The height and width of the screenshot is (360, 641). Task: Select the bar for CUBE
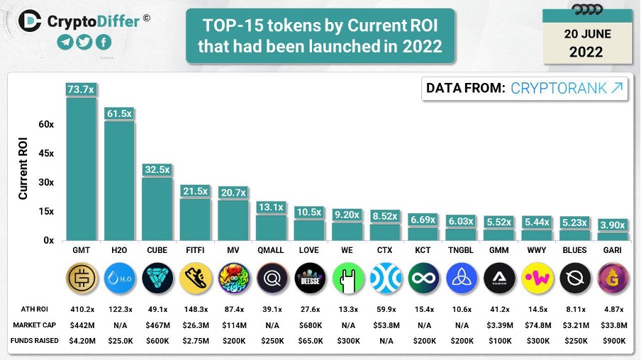157,208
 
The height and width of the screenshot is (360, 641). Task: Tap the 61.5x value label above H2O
119,113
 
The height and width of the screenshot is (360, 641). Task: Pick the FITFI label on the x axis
195,251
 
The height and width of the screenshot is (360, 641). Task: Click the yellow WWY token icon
537,278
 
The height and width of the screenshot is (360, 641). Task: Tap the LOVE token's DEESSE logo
309,278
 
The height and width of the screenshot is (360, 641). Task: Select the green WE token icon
347,278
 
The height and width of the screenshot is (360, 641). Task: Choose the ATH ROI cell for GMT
81,310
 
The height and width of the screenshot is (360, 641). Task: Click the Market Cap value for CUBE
157,326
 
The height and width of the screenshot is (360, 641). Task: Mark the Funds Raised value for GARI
612,342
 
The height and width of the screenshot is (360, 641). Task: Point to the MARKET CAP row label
34,326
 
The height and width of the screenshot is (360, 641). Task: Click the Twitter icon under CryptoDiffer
84,42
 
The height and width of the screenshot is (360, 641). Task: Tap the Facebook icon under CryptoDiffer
103,42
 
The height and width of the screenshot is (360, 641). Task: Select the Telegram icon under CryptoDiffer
65,42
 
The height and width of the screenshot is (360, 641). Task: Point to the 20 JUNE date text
585,33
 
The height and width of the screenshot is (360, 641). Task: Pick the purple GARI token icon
612,278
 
